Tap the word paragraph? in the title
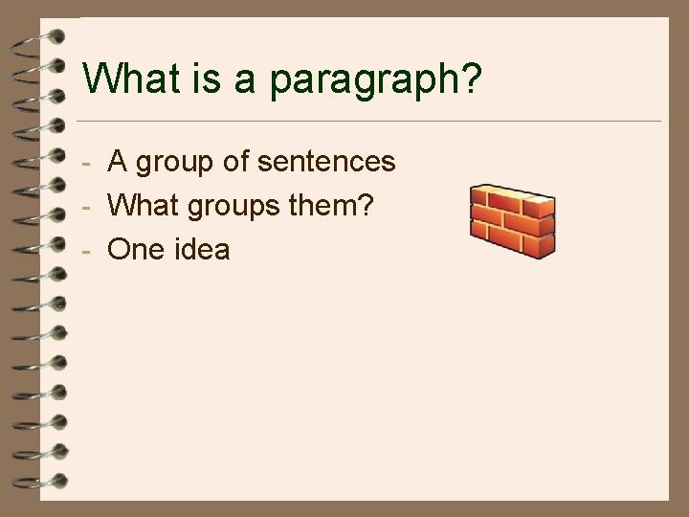tap(376, 80)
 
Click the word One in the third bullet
tap(136, 250)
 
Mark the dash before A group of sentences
tap(86, 164)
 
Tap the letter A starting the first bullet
tap(118, 162)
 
